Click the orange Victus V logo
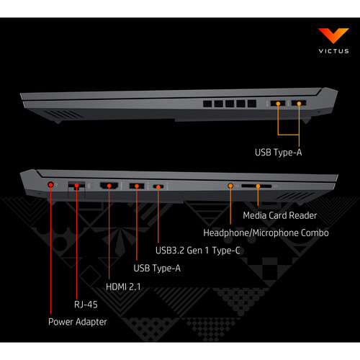[x=333, y=35]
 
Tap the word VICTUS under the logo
[x=333, y=51]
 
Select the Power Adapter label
[x=78, y=322]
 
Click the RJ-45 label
[x=86, y=305]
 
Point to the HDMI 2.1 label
[x=123, y=287]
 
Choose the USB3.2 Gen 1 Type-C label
[x=198, y=251]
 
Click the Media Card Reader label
[x=280, y=215]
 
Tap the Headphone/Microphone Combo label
[x=266, y=233]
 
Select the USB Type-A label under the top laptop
[x=279, y=153]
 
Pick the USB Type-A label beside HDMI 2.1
[x=157, y=268]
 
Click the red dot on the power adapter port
[x=50, y=184]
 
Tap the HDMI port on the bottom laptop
[x=109, y=186]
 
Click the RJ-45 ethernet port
[x=76, y=186]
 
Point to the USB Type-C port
[x=158, y=186]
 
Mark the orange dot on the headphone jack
[x=230, y=186]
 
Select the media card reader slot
[x=256, y=186]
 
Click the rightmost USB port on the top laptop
[x=299, y=103]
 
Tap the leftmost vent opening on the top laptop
[x=207, y=104]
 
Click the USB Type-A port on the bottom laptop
[x=137, y=186]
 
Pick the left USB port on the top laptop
[x=278, y=104]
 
